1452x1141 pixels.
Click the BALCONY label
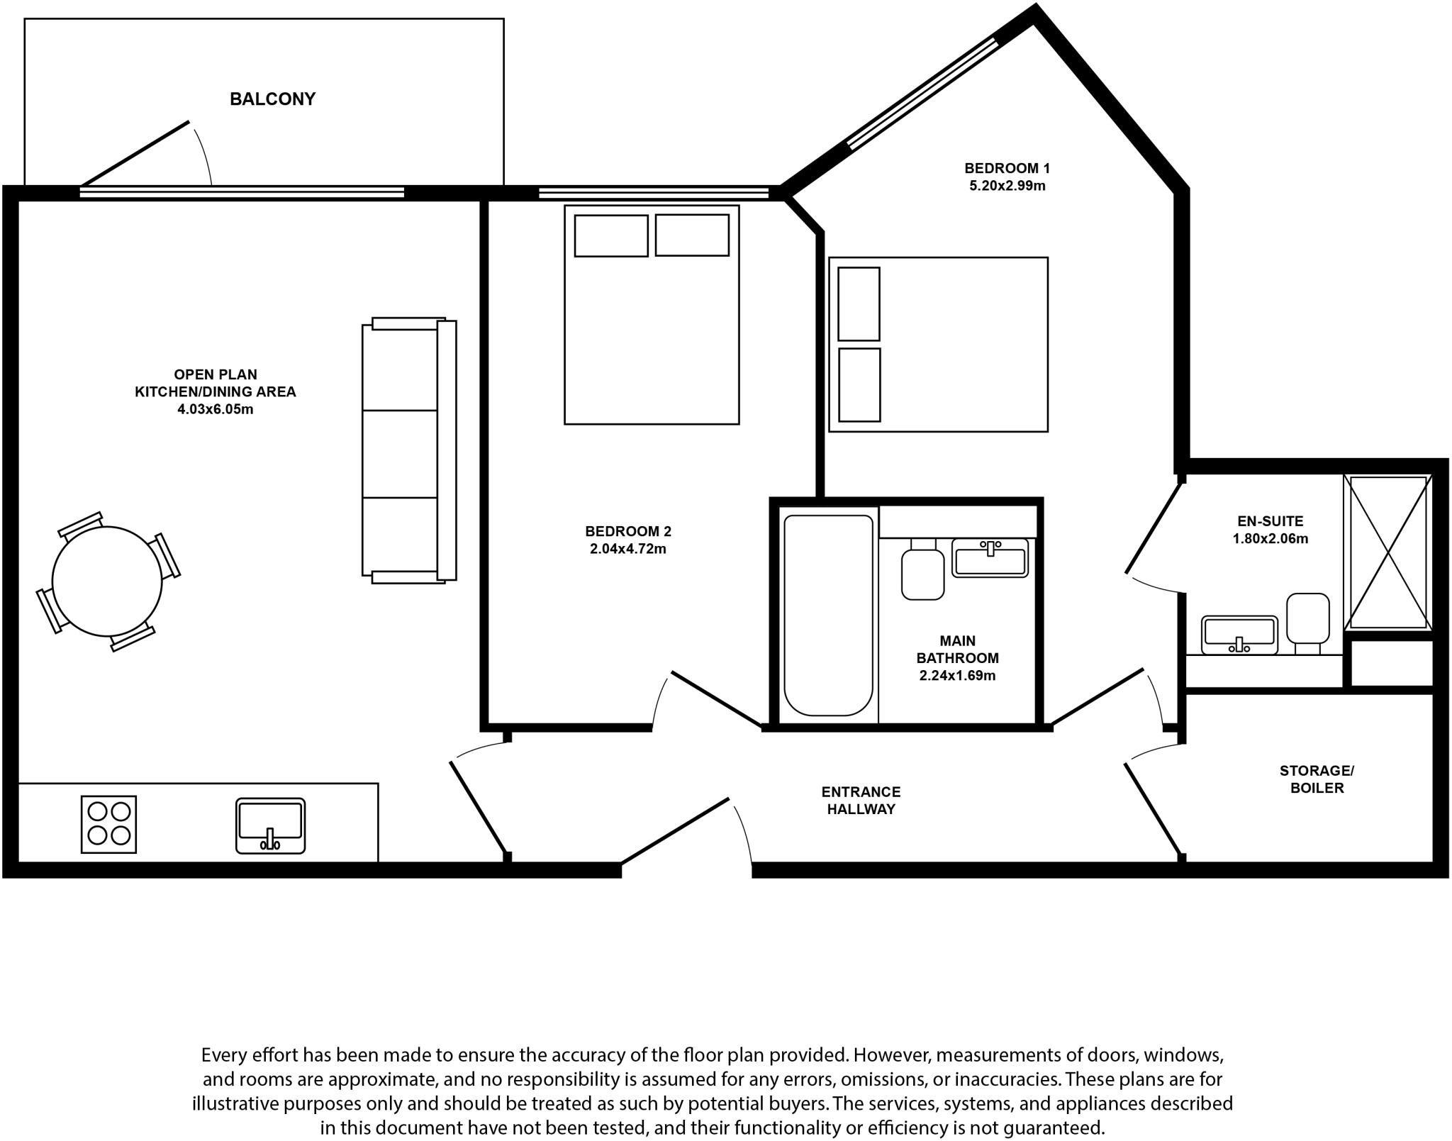272,99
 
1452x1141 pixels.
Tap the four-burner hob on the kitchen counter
108,824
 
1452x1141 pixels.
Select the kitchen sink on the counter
270,825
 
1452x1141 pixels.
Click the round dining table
106,581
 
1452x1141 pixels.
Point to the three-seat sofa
408,450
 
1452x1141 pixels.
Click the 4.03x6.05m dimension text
215,409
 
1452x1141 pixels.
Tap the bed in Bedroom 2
652,316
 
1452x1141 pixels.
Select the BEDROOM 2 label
627,531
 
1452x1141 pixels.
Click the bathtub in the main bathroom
828,615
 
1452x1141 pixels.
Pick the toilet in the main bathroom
922,571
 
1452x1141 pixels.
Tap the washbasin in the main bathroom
990,558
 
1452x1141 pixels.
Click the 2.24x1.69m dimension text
957,676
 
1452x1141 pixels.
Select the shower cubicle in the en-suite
1388,552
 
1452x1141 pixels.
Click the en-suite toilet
1307,620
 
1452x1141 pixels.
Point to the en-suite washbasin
1239,634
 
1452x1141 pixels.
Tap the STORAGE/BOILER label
1317,779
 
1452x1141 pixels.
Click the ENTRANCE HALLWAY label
861,800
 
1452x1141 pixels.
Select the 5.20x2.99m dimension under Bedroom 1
1007,187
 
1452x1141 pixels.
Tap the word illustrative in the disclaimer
237,1104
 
